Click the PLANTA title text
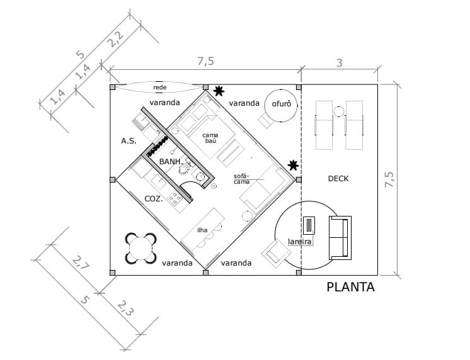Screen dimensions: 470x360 point(350,287)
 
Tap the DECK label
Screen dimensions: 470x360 point(338,179)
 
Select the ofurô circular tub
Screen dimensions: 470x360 point(281,106)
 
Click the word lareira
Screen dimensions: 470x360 point(299,242)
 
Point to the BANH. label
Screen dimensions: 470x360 point(170,162)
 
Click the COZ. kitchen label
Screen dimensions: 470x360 point(154,199)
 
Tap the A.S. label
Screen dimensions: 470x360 point(129,141)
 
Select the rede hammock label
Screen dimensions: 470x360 point(160,87)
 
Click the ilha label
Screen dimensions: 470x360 point(202,230)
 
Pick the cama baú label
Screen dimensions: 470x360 point(210,138)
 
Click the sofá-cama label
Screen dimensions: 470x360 point(241,179)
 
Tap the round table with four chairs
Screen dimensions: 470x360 point(141,248)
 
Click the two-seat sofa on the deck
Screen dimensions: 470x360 point(340,237)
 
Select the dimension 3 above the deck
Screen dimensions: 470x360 point(339,63)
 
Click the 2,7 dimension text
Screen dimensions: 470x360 point(81,262)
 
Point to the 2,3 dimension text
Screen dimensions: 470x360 point(125,308)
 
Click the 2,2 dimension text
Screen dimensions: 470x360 point(115,39)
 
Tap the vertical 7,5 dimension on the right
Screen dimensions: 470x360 point(389,180)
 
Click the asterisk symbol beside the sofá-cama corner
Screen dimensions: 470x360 point(293,165)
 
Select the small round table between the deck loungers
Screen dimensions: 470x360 point(339,111)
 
